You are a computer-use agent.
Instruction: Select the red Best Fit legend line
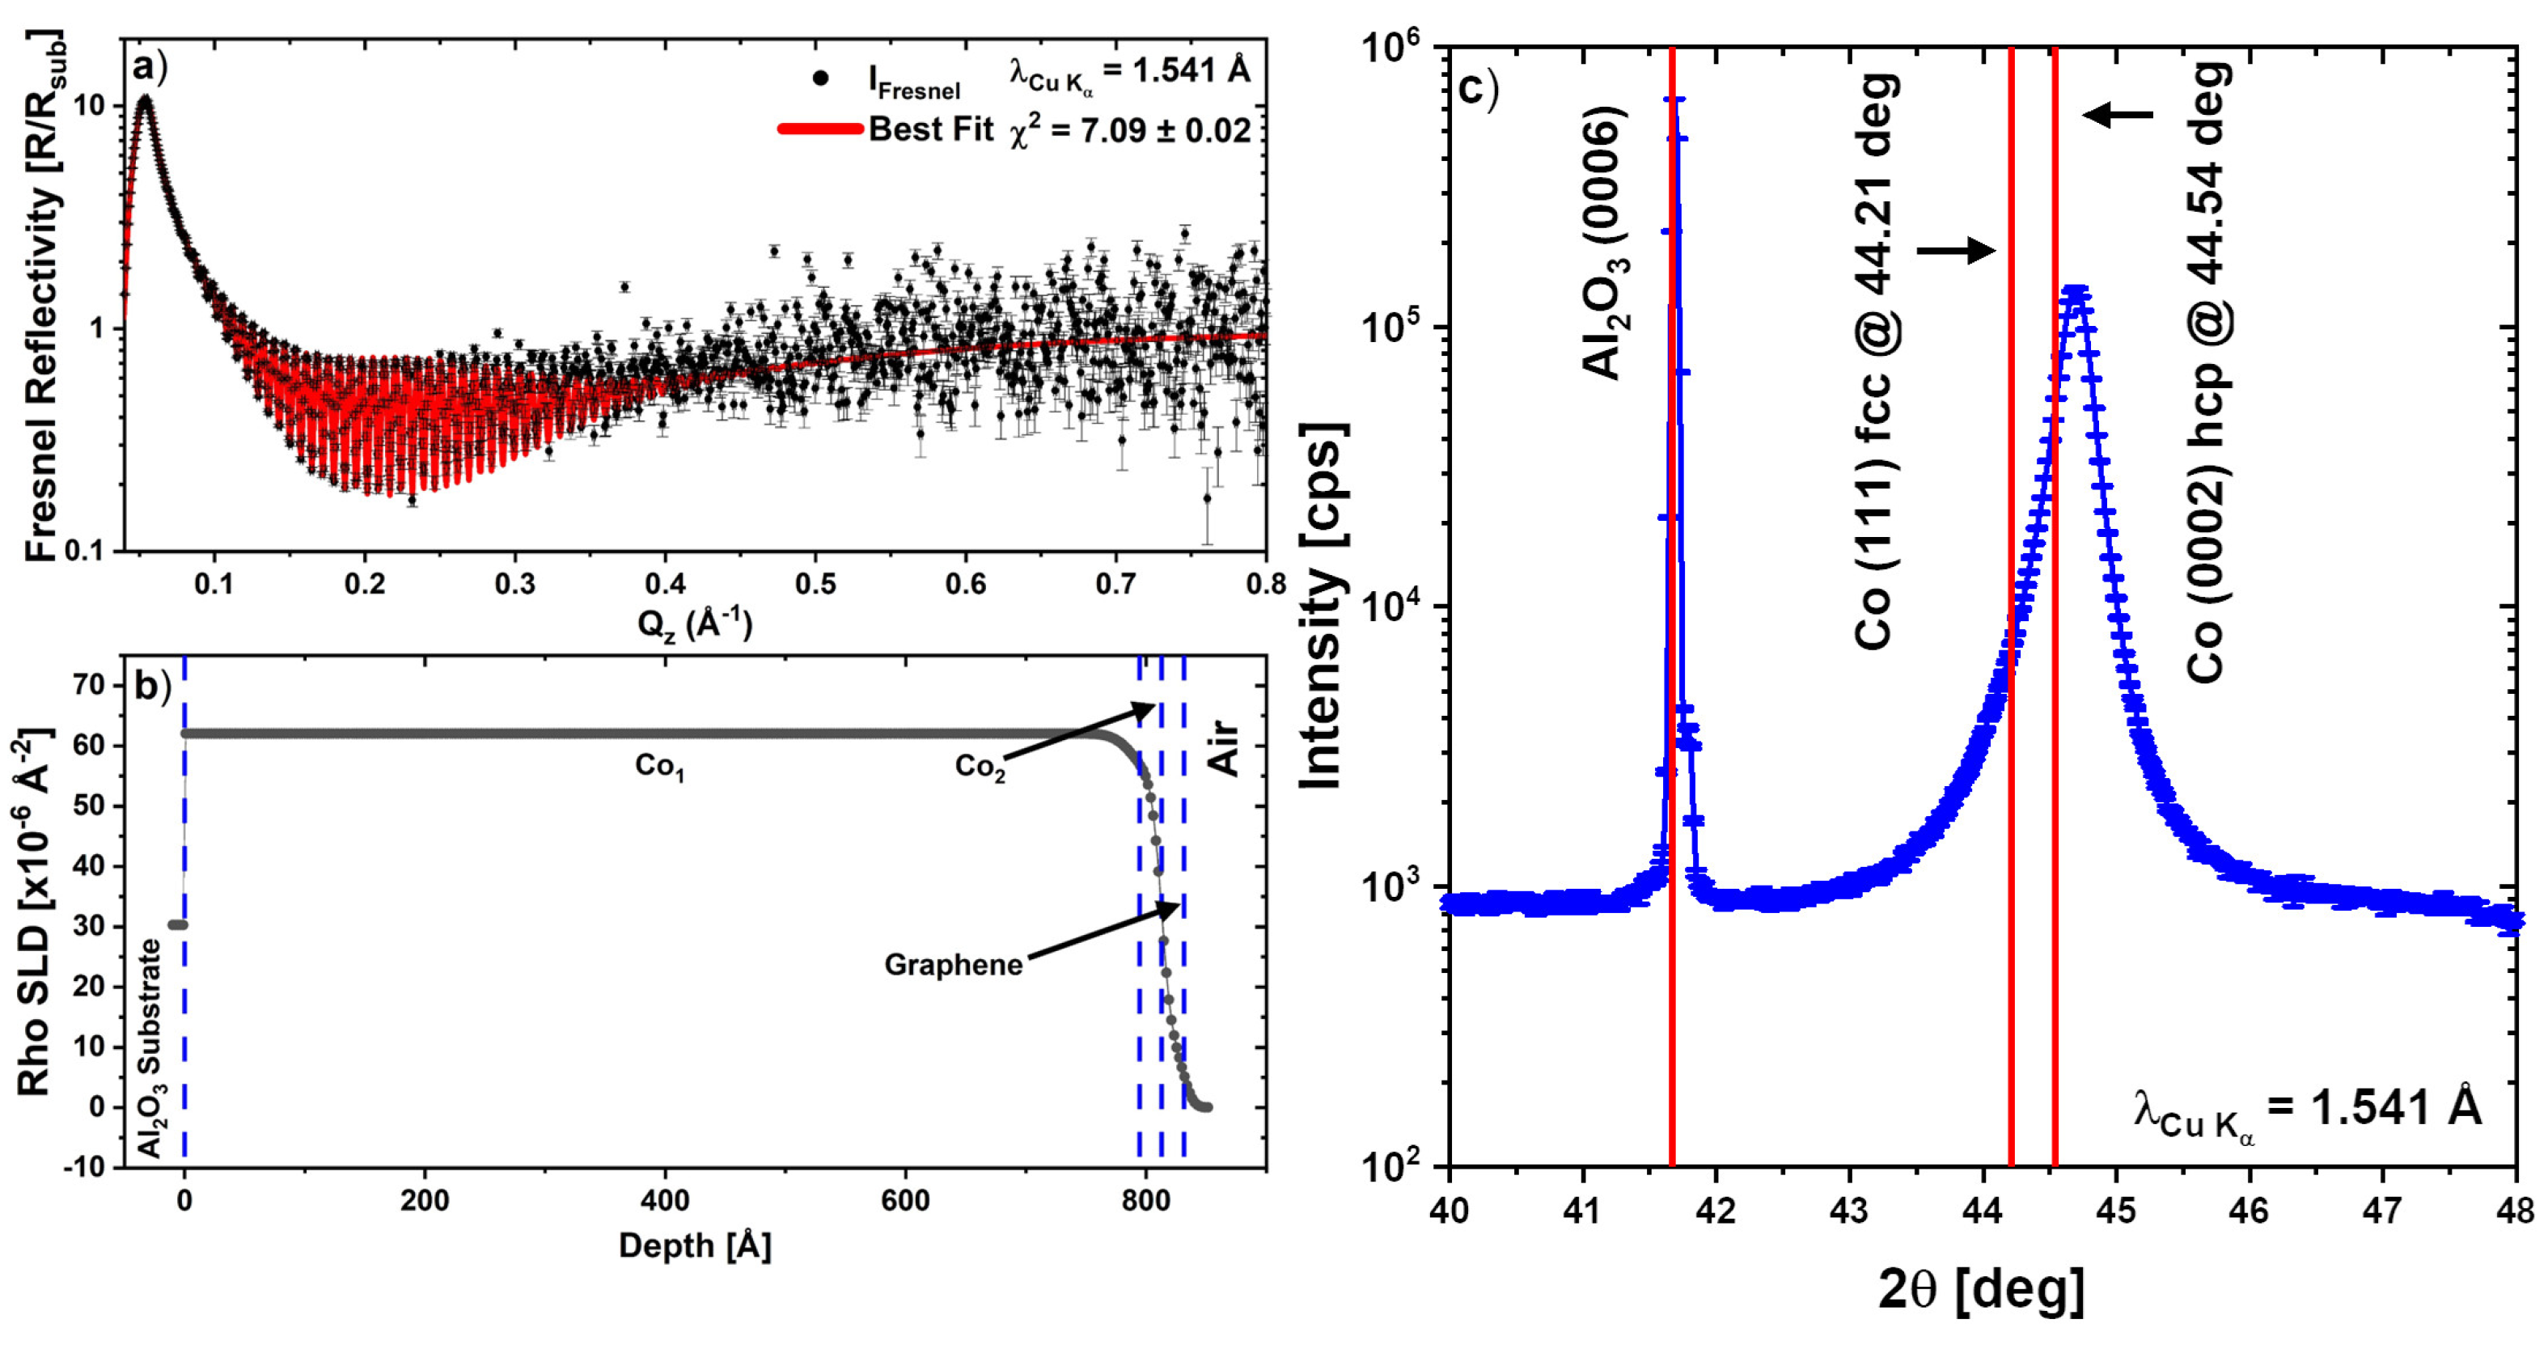[819, 129]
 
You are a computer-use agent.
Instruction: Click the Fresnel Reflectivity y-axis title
[41, 297]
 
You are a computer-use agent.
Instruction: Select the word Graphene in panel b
[953, 964]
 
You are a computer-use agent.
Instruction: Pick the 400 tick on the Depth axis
[665, 1201]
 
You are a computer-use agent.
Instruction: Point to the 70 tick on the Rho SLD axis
[89, 684]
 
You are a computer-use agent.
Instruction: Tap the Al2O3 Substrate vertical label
[150, 1048]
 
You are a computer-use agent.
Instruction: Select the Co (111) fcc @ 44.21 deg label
[1873, 361]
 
